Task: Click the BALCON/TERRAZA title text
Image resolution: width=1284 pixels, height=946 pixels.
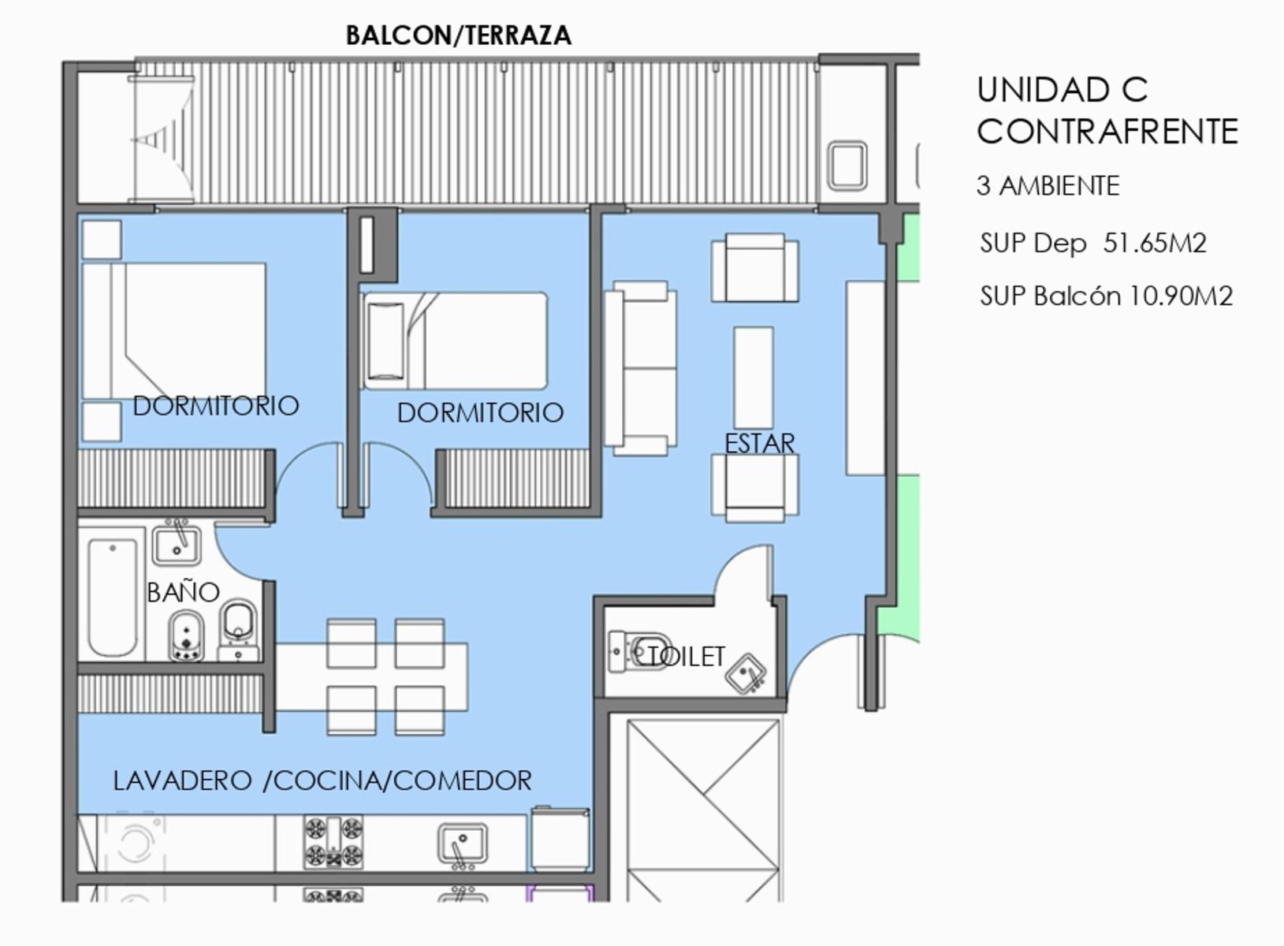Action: click(459, 35)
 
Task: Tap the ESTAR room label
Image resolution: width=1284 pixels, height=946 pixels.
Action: click(760, 443)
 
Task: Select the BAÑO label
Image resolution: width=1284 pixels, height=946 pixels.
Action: click(183, 591)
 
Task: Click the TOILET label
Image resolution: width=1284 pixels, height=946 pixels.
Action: click(682, 657)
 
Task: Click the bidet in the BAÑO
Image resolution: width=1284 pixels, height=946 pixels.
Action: click(186, 636)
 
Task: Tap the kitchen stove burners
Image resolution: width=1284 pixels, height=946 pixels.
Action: click(333, 842)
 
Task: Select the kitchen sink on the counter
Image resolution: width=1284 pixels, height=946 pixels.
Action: click(463, 844)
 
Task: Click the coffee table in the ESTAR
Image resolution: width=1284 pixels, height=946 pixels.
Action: click(754, 378)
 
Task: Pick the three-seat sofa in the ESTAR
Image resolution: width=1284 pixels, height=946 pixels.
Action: click(640, 368)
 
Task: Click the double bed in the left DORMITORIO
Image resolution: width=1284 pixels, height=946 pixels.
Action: click(174, 331)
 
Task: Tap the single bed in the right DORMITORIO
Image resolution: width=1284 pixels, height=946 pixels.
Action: click(454, 341)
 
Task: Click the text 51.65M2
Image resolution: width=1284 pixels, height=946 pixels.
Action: click(1155, 243)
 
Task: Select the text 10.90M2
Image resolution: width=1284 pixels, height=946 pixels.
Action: click(1180, 296)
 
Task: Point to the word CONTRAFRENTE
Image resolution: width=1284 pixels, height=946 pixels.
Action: click(1107, 132)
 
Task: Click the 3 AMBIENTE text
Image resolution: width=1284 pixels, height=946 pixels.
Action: click(1048, 186)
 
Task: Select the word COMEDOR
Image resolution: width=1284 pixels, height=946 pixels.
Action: click(463, 780)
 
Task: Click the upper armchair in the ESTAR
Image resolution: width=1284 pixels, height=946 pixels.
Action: click(755, 268)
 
